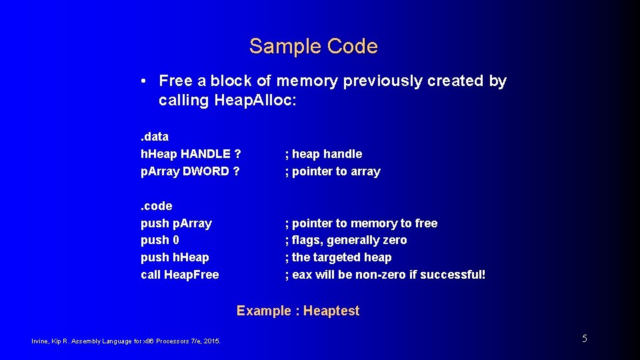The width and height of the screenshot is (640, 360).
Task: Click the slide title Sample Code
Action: click(x=313, y=46)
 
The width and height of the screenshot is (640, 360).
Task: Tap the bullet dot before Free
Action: click(x=144, y=81)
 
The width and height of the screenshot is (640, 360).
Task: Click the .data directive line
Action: click(x=155, y=137)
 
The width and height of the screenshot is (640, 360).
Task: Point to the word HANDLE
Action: click(x=203, y=154)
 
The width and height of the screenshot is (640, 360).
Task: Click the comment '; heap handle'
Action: click(x=323, y=154)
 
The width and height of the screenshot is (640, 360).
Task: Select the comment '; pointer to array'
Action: click(x=333, y=171)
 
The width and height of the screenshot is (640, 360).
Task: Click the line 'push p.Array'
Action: click(x=176, y=223)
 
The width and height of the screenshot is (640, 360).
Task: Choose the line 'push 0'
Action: click(x=160, y=240)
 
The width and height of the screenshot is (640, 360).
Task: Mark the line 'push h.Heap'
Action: click(x=175, y=257)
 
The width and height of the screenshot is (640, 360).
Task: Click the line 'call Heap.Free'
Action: click(x=180, y=275)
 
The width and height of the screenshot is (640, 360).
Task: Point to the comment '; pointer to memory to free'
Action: click(x=361, y=223)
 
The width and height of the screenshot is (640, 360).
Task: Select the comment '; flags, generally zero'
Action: click(x=345, y=240)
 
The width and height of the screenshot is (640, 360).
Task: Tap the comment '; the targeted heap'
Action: click(x=338, y=257)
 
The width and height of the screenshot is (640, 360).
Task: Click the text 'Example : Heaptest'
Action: click(x=298, y=311)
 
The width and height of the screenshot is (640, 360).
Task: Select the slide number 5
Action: click(x=585, y=339)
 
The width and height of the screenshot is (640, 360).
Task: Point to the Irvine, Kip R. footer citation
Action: click(x=127, y=341)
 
